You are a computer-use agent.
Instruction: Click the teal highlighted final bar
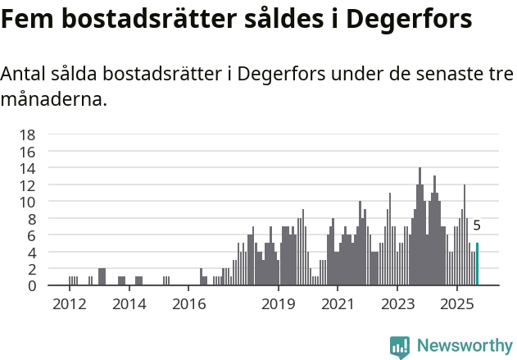[x=477, y=264]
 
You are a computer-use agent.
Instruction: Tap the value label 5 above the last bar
[x=477, y=226]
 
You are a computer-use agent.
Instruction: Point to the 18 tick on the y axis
[x=28, y=134]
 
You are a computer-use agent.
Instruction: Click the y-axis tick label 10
[x=28, y=202]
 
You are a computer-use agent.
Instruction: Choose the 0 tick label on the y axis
[x=31, y=285]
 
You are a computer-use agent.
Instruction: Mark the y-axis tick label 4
[x=31, y=252]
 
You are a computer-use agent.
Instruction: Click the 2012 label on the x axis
[x=69, y=304]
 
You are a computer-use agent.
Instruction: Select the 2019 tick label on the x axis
[x=279, y=304]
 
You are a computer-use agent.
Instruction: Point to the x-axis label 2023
[x=397, y=304]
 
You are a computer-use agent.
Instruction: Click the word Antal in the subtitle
[x=24, y=74]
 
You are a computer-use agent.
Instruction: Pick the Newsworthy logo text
[x=464, y=346]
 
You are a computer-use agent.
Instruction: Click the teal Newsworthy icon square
[x=400, y=347]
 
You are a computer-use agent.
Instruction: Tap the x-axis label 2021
[x=338, y=304]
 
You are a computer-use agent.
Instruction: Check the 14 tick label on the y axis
[x=28, y=168]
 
